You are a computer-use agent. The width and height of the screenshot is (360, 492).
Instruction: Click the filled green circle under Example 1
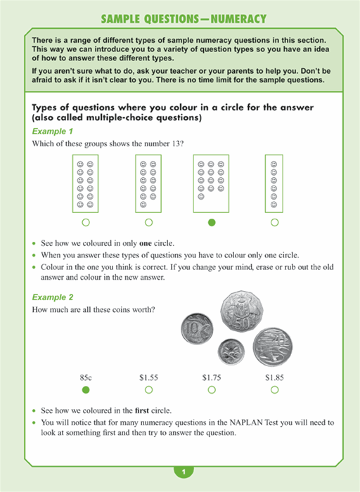click(212, 223)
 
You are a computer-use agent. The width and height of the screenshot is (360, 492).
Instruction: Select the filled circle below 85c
click(86, 389)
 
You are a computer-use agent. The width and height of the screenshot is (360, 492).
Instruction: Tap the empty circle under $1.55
click(149, 389)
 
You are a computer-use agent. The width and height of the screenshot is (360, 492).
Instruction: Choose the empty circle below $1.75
click(212, 389)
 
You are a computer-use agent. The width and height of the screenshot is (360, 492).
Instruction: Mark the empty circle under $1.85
click(275, 389)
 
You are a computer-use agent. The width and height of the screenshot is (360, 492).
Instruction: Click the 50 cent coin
click(241, 311)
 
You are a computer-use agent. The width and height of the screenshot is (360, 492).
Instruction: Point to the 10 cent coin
click(197, 329)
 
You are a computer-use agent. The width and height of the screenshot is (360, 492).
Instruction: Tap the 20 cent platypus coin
click(272, 347)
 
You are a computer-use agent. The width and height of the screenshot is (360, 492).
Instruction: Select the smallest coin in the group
click(231, 351)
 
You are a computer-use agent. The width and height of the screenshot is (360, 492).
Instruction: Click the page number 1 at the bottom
click(184, 472)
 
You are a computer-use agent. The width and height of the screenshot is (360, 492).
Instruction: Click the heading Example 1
click(53, 131)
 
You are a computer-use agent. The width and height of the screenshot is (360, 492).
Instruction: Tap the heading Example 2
click(53, 297)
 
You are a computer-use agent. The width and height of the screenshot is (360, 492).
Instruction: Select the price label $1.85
click(274, 377)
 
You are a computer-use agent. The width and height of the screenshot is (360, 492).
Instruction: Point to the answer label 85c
click(86, 377)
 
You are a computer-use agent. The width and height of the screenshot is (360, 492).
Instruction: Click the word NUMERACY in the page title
click(238, 19)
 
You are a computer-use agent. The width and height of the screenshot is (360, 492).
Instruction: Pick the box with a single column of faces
click(274, 183)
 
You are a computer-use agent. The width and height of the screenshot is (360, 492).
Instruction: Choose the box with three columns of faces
click(211, 183)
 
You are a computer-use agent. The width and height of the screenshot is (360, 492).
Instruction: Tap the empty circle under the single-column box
click(275, 223)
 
